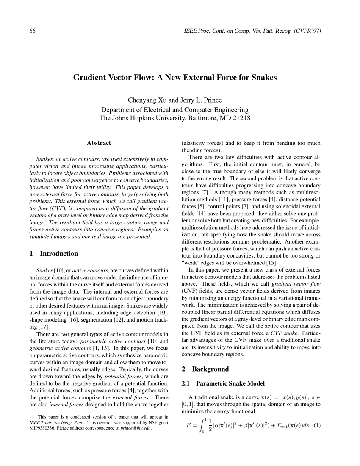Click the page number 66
[32, 31]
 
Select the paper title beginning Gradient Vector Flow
[175, 78]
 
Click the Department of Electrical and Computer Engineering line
[175, 109]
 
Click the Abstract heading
[99, 143]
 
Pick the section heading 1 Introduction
[54, 254]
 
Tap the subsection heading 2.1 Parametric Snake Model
[223, 383]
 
